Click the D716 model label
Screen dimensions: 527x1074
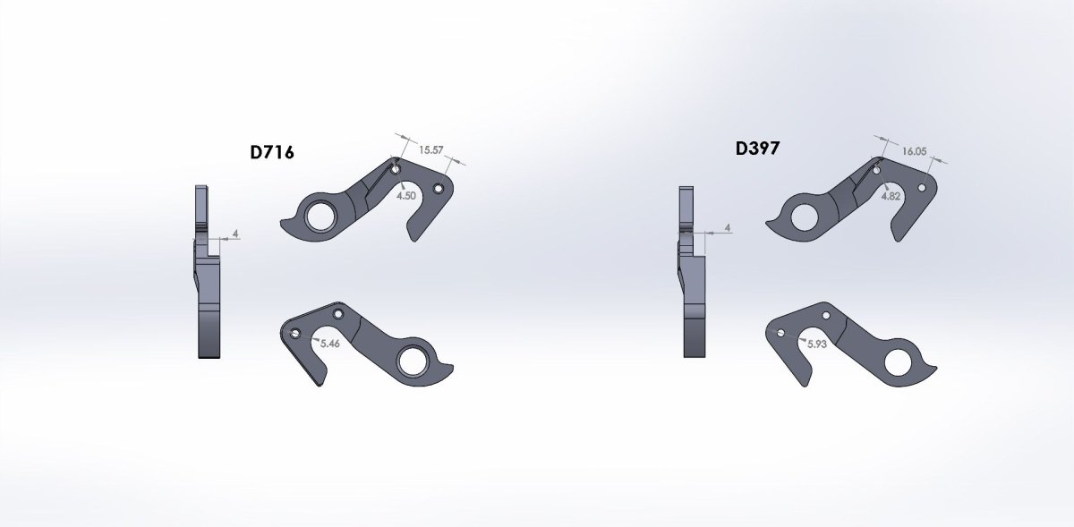click(272, 153)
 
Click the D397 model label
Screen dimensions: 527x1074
click(757, 148)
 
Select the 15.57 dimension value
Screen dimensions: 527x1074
click(431, 150)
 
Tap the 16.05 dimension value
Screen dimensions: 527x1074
click(914, 152)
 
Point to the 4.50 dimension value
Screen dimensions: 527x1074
click(405, 196)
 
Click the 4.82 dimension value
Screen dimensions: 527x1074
click(891, 195)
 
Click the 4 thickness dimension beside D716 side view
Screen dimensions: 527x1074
click(234, 234)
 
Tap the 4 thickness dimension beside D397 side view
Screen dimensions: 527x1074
click(728, 228)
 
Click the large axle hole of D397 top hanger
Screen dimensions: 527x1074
click(805, 215)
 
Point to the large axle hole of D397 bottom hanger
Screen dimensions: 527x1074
click(898, 361)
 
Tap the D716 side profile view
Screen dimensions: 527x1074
click(208, 273)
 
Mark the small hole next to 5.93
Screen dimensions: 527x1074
click(781, 334)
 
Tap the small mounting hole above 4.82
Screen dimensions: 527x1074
click(878, 168)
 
